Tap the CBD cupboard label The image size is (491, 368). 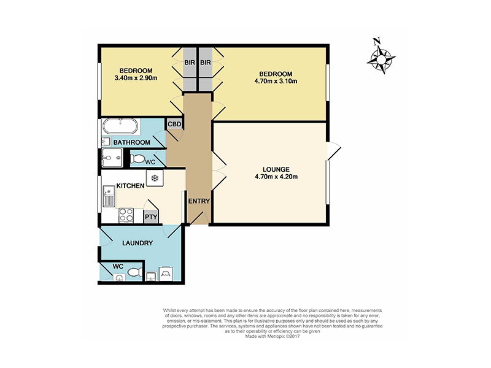tap(174, 125)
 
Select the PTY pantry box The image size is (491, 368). tap(151, 217)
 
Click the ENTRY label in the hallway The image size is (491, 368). tap(199, 201)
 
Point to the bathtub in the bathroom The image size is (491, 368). tap(120, 126)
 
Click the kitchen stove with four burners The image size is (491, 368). tap(126, 215)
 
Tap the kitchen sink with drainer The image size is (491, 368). tap(109, 196)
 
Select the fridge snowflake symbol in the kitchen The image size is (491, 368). tap(155, 178)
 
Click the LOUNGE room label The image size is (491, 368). tap(276, 169)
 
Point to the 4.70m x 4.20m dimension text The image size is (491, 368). tap(276, 177)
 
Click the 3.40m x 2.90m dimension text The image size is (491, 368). tap(136, 78)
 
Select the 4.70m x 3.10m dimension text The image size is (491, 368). tap(276, 82)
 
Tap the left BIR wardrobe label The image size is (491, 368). tap(190, 63)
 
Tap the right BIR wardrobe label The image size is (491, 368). tap(206, 63)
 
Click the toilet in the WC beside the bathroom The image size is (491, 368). tap(137, 159)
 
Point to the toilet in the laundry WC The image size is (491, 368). tap(135, 272)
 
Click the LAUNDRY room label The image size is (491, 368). tap(137, 243)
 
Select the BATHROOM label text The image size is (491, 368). tap(131, 142)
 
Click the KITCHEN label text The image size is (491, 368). tap(130, 186)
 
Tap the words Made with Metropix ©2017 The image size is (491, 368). tap(273, 336)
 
